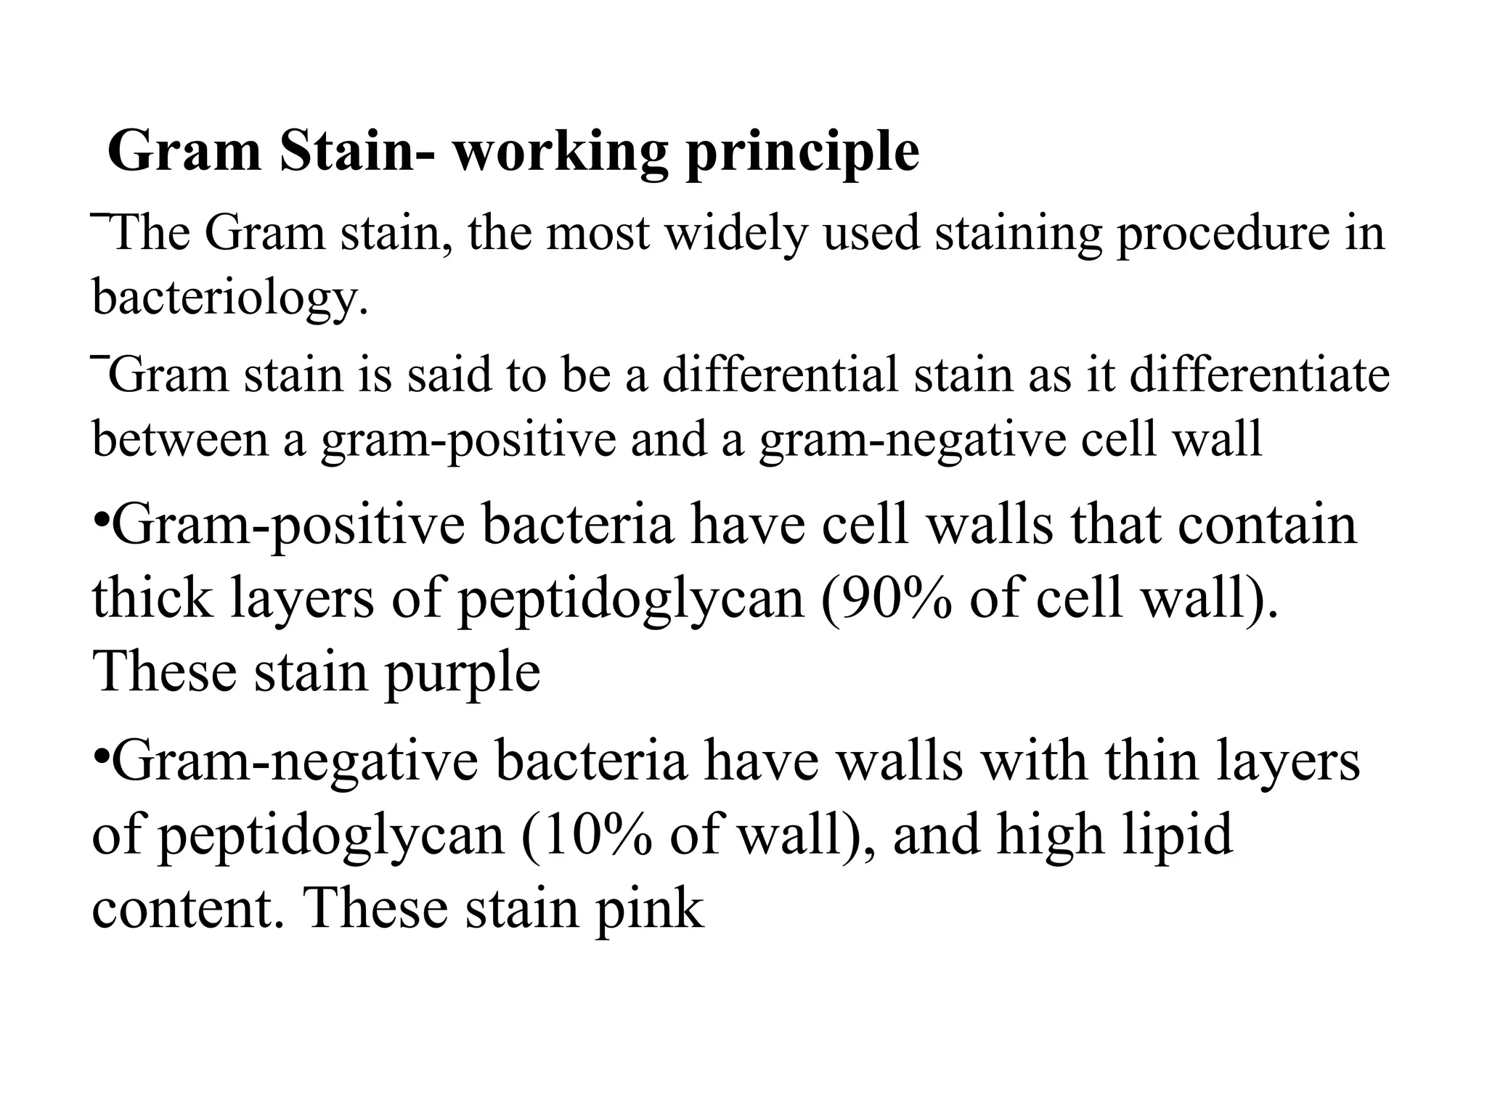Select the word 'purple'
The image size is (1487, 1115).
462,672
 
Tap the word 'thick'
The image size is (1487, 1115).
153,600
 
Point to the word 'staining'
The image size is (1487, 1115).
1018,234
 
